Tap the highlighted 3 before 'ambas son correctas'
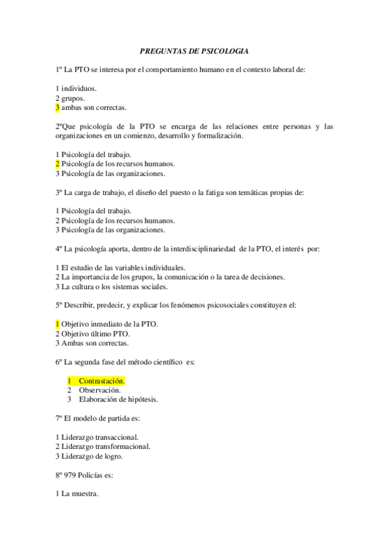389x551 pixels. click(57, 107)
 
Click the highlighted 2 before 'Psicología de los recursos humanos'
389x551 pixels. click(57, 164)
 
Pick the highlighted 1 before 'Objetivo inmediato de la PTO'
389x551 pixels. click(57, 324)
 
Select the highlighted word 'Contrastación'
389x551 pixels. click(101, 380)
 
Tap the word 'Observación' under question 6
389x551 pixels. click(100, 390)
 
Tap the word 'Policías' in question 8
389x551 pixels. click(94, 475)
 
